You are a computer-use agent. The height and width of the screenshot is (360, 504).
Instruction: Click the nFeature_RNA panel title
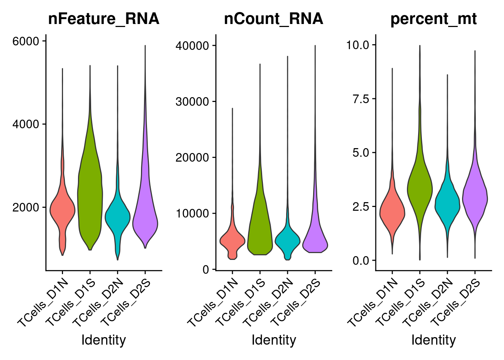coord(103,19)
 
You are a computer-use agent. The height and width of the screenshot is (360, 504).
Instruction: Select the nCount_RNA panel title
coord(273,19)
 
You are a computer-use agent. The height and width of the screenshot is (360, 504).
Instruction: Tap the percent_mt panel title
coord(433,19)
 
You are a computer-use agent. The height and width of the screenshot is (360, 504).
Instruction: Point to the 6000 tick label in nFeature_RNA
coord(26,41)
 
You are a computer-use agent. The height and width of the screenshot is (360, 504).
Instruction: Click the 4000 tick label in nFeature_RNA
coord(26,124)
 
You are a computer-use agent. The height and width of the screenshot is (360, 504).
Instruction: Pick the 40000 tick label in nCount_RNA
coord(192,46)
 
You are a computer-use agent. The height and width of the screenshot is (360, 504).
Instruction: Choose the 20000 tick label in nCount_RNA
coord(192,157)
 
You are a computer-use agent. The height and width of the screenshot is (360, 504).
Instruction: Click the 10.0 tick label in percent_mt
coord(358,45)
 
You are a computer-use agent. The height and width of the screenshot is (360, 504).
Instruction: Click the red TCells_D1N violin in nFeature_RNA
coord(62,210)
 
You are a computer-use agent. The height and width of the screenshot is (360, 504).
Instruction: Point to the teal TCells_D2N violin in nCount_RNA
coord(288,242)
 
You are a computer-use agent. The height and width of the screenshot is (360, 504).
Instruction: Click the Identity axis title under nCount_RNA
coord(274,340)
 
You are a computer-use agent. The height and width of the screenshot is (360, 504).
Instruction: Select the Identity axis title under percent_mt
coord(433,340)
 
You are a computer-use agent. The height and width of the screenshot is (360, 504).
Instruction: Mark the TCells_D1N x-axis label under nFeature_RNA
coord(43,304)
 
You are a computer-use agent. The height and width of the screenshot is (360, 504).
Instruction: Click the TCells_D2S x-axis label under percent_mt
coord(455,304)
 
